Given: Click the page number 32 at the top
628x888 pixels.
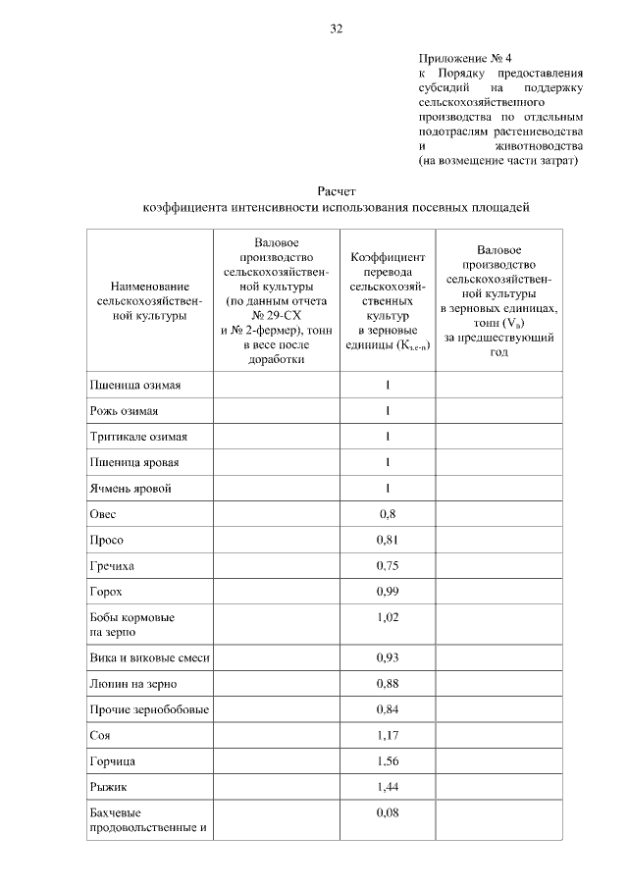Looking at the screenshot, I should pos(336,28).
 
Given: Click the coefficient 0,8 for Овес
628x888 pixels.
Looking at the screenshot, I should pos(388,513).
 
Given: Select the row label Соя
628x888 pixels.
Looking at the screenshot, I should pos(101,735).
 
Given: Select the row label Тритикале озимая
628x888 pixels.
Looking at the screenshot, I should pos(137,436).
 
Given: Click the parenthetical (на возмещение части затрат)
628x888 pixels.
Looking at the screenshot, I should pos(497,159).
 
